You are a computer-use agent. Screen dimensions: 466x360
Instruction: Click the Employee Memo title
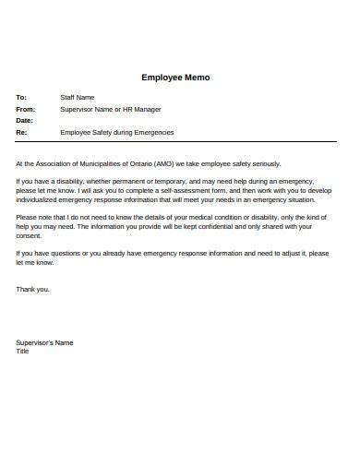175,78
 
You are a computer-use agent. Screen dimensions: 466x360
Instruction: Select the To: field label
21,97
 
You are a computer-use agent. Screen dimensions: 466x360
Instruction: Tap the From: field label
25,109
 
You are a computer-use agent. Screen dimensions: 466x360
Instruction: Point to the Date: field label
24,120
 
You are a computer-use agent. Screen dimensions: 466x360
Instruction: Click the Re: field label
21,132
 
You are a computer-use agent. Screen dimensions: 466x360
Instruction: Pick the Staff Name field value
78,97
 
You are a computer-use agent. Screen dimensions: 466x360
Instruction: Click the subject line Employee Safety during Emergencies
116,132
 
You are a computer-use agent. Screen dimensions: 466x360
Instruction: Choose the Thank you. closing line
33,289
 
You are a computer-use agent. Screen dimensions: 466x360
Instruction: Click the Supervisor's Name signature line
44,342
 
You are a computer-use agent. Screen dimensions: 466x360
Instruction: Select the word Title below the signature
23,351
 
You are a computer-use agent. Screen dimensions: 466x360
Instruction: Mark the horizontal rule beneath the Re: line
175,141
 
